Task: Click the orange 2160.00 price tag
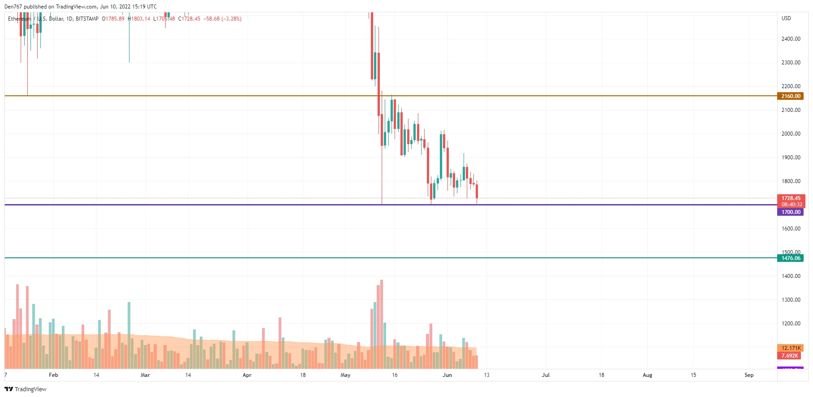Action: pyautogui.click(x=791, y=96)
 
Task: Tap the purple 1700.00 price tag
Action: pyautogui.click(x=791, y=212)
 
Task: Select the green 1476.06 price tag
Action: pyautogui.click(x=791, y=258)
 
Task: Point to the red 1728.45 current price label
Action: pyautogui.click(x=791, y=198)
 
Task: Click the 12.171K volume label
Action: pyautogui.click(x=791, y=348)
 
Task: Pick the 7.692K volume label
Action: pyautogui.click(x=789, y=356)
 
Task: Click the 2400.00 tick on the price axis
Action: pyautogui.click(x=791, y=39)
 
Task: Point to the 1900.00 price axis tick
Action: pyautogui.click(x=791, y=158)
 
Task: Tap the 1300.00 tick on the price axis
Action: pyautogui.click(x=791, y=300)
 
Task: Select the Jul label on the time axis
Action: pyautogui.click(x=546, y=375)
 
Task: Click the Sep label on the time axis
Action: pyautogui.click(x=749, y=375)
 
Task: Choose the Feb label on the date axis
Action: pyautogui.click(x=53, y=375)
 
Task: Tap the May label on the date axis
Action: pyautogui.click(x=345, y=375)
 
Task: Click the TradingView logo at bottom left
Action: pyautogui.click(x=26, y=389)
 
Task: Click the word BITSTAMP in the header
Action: pyautogui.click(x=87, y=19)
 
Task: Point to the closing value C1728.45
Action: pyautogui.click(x=189, y=19)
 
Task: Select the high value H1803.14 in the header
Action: pyautogui.click(x=139, y=19)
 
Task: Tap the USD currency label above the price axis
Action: pyautogui.click(x=786, y=18)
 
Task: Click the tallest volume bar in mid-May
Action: pyautogui.click(x=382, y=324)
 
